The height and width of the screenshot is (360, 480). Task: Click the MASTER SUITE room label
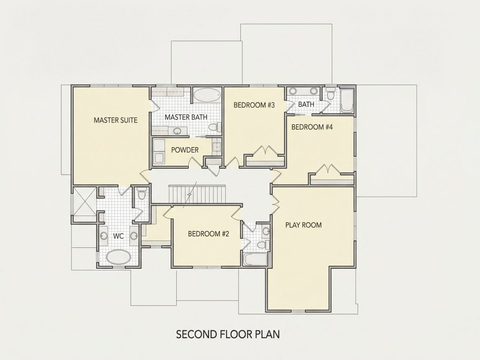[x=115, y=120]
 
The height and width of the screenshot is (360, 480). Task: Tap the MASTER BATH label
[x=186, y=117]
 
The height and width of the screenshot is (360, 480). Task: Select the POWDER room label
[x=185, y=150]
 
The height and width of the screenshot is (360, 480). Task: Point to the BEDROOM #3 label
[x=254, y=105]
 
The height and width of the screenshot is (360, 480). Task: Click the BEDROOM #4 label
[x=312, y=127]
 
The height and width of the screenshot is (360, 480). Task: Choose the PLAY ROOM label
[x=303, y=225]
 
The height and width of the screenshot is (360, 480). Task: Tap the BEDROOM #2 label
[x=208, y=234]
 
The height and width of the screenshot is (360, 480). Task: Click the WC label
[x=118, y=236]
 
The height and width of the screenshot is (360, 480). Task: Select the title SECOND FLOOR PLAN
[x=228, y=334]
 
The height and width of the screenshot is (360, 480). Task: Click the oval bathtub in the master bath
[x=207, y=95]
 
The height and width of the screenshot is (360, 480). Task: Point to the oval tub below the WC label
[x=118, y=257]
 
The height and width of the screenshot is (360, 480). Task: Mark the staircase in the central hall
[x=197, y=194]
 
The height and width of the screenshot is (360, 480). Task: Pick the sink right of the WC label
[x=134, y=236]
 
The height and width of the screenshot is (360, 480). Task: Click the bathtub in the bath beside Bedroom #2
[x=255, y=259]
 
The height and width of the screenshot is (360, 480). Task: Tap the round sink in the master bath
[x=177, y=131]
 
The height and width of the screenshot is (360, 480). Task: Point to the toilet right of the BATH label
[x=330, y=93]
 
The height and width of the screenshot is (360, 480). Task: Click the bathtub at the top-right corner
[x=347, y=101]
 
